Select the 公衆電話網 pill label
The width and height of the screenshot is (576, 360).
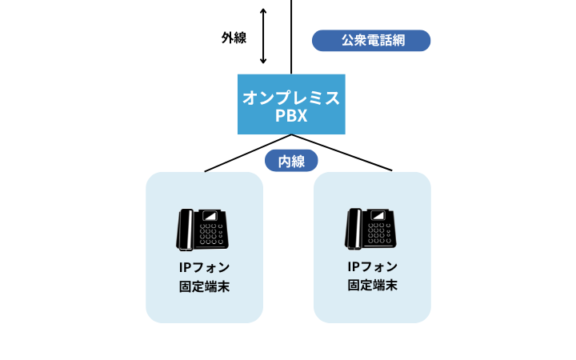click(x=371, y=40)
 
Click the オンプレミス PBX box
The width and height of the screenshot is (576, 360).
click(x=291, y=105)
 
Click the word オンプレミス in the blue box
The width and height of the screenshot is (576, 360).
click(x=291, y=98)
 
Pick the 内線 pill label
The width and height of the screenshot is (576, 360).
click(x=291, y=161)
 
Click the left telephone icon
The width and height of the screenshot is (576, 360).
click(x=204, y=229)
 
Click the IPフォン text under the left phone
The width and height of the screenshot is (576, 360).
click(x=204, y=267)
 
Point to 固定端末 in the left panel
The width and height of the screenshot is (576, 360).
click(x=204, y=286)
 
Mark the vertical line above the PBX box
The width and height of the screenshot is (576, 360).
click(x=291, y=36)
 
